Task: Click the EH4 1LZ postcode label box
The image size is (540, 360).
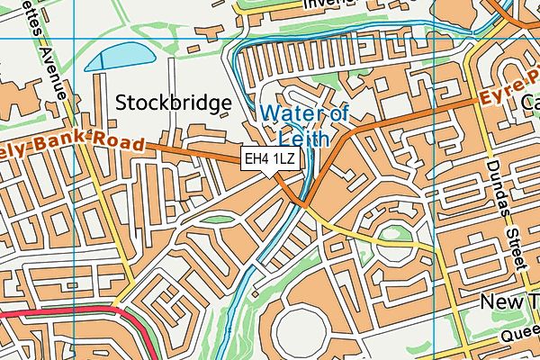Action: (x=270, y=159)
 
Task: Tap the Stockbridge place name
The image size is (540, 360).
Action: (x=174, y=103)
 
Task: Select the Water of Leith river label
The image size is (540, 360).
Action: (x=304, y=126)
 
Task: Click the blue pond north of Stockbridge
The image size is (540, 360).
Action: (x=119, y=58)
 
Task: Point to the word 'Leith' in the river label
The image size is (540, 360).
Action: (x=304, y=139)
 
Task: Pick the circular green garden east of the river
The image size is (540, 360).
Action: (x=392, y=240)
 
